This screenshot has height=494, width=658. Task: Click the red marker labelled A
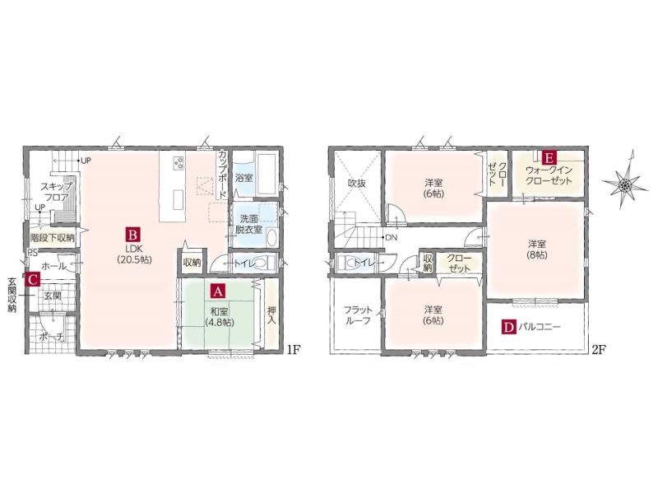217,291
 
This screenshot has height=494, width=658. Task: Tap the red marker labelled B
133,234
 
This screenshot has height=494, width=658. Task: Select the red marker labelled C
33,279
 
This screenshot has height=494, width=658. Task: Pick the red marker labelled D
508,327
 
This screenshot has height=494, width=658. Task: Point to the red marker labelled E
549,157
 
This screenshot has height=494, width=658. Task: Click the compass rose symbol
625,184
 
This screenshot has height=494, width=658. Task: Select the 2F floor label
599,349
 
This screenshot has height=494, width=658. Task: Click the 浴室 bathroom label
243,177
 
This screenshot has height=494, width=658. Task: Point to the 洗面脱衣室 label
248,224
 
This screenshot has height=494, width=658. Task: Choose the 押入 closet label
271,315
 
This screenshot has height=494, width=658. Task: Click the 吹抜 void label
357,183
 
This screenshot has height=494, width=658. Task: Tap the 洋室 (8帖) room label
537,249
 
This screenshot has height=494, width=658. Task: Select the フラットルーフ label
358,315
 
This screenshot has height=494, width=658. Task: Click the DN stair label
391,237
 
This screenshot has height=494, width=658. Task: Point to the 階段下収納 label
53,238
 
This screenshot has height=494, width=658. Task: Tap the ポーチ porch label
52,337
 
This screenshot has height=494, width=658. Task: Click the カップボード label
222,175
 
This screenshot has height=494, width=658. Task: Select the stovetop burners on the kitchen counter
178,162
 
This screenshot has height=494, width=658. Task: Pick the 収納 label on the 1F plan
192,263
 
